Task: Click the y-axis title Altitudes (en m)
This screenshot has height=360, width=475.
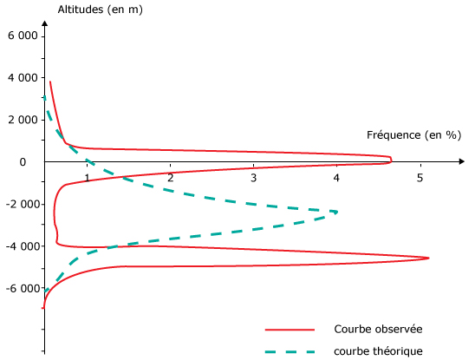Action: [x=100, y=10]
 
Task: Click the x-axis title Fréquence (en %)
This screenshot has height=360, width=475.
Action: [x=413, y=135]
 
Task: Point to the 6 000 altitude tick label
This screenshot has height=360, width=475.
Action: [x=23, y=36]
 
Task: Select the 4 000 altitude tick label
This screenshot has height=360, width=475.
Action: [x=23, y=78]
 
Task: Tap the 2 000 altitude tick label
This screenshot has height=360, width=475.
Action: [x=23, y=120]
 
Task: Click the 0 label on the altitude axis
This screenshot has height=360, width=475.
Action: [x=23, y=162]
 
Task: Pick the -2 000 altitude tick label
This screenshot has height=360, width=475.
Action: [x=23, y=205]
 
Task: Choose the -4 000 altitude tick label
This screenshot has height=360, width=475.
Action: [x=23, y=246]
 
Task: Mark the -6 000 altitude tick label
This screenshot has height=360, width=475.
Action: [x=23, y=288]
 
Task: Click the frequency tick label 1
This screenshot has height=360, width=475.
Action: [x=87, y=178]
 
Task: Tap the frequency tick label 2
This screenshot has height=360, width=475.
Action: [x=171, y=178]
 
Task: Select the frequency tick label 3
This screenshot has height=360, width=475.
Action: [x=254, y=178]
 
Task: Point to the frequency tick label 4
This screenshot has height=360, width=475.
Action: [x=336, y=178]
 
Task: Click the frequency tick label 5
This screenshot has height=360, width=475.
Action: [x=420, y=178]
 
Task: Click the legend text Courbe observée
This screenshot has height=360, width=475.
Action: [x=379, y=330]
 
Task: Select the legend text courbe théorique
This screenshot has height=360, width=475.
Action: [x=379, y=351]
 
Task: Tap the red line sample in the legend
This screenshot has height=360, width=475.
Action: [x=290, y=330]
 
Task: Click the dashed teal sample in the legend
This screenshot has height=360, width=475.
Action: [x=290, y=352]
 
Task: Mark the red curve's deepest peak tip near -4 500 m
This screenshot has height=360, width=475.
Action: [x=429, y=259]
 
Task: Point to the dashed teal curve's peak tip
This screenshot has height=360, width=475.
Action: [x=336, y=212]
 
